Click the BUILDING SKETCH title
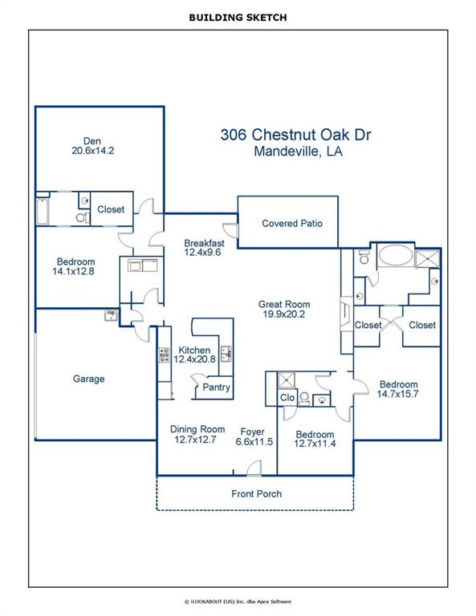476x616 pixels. (238, 18)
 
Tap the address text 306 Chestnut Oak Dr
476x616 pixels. (295, 135)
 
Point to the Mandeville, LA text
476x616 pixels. (298, 152)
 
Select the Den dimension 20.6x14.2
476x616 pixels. (93, 151)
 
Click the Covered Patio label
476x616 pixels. (292, 224)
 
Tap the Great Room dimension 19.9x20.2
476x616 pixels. (284, 314)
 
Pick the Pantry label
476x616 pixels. (216, 387)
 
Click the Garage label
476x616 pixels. (89, 379)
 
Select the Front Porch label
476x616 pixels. (257, 494)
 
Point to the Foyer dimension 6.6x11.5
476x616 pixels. (254, 442)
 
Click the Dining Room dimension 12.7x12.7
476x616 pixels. (195, 440)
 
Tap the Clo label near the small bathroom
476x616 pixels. (287, 398)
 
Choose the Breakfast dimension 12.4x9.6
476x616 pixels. (202, 253)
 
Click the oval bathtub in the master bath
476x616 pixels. (396, 256)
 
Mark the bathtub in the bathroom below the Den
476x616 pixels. (43, 212)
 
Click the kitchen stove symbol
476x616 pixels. (164, 355)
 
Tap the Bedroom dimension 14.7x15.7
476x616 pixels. (398, 394)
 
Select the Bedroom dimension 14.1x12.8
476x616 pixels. (74, 271)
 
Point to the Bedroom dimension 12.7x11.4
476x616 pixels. (315, 444)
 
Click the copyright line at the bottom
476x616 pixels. (238, 602)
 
